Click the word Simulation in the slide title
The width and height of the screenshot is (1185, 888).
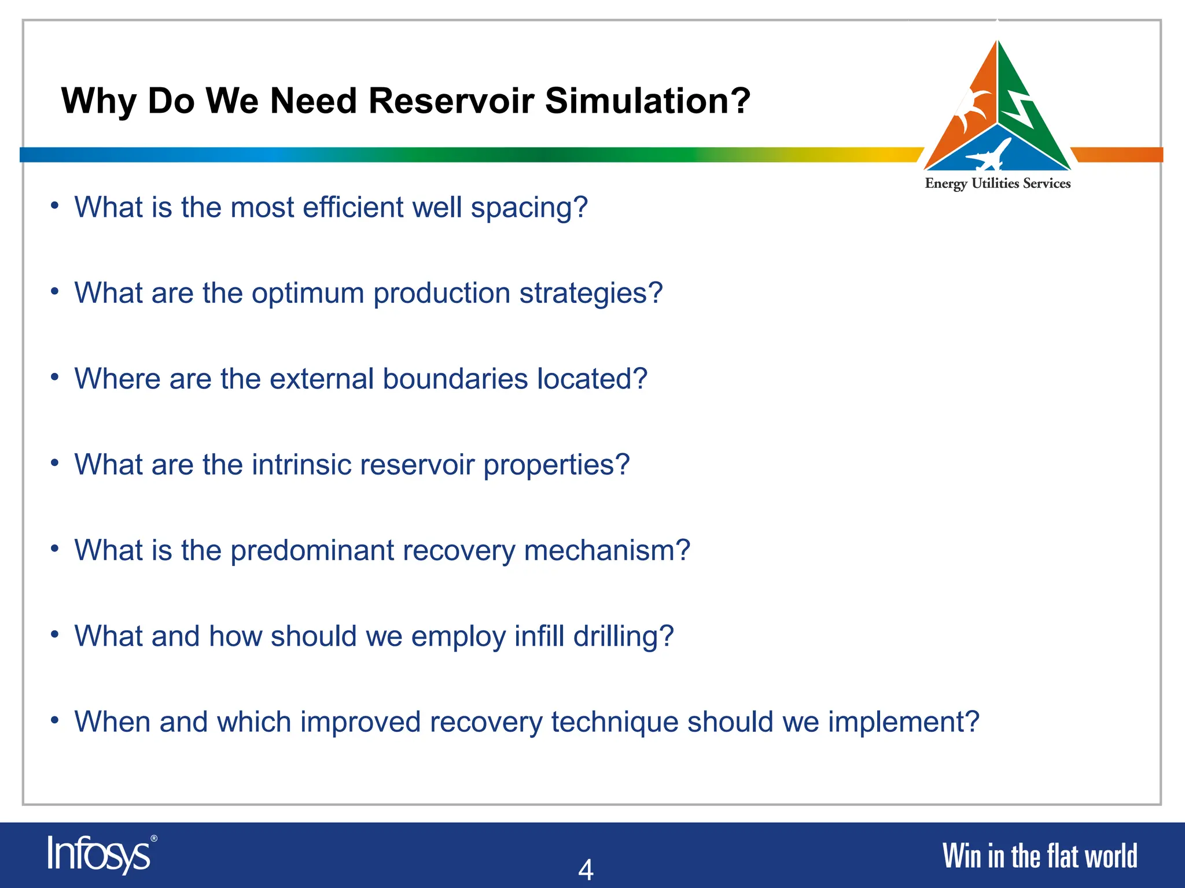tap(647, 101)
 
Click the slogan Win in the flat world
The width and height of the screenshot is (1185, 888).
tap(1039, 856)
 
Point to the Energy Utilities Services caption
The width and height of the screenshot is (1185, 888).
tap(998, 184)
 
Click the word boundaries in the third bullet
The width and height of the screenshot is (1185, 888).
tap(455, 379)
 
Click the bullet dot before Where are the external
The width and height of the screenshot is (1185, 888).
tap(54, 377)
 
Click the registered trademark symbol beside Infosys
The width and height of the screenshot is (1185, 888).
tap(154, 838)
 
